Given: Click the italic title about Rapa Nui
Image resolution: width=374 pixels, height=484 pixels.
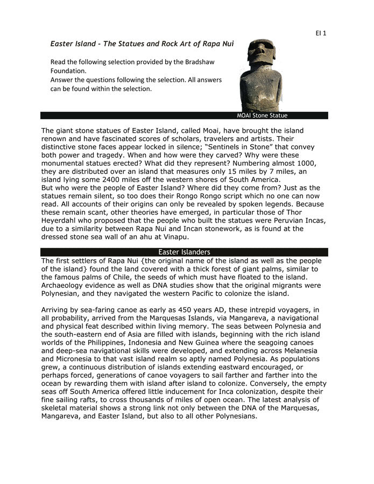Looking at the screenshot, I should point(142,43).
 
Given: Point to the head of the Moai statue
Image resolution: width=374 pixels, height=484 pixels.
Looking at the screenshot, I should point(258,54).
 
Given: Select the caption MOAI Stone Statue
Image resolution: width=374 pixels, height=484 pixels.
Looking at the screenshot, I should point(262,116).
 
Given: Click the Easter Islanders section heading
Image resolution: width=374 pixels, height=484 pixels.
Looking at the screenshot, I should point(184,252).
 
